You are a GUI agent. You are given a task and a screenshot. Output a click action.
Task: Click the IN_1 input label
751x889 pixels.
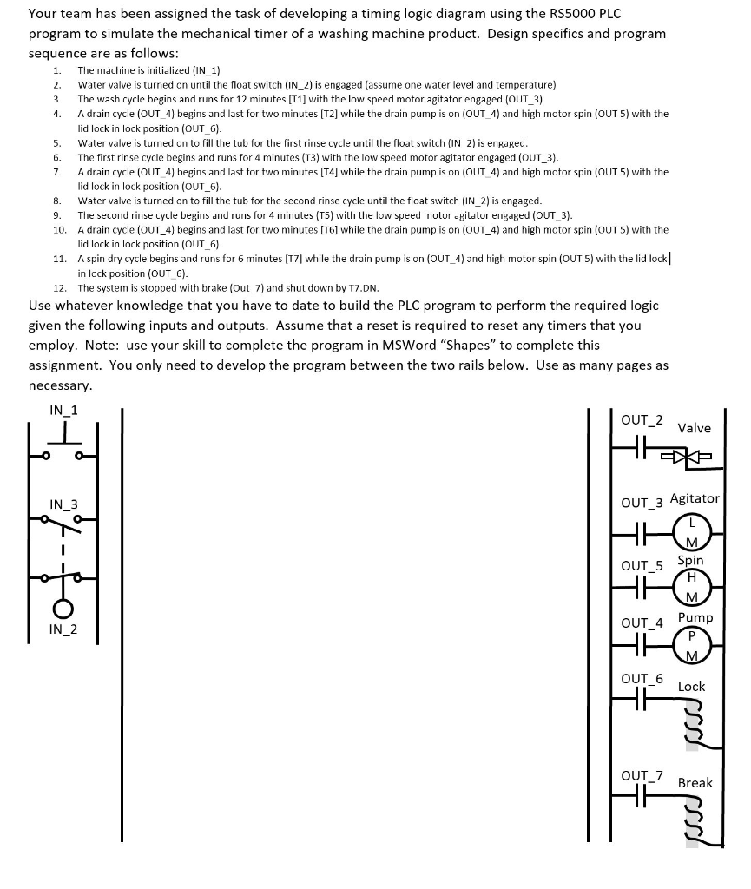(x=63, y=411)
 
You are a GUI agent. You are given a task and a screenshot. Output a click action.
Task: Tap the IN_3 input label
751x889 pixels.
(x=63, y=504)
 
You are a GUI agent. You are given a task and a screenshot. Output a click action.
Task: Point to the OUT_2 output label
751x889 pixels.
(x=642, y=420)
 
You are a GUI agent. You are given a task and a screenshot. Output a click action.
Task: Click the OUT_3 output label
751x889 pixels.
(x=642, y=503)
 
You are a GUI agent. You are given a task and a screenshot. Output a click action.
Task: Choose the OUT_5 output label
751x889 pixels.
(x=642, y=566)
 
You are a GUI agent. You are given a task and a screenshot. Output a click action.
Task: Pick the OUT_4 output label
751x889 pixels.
(x=642, y=622)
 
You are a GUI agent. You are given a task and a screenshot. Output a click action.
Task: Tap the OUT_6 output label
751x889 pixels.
(x=642, y=678)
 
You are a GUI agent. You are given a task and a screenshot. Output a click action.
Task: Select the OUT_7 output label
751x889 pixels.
(x=642, y=775)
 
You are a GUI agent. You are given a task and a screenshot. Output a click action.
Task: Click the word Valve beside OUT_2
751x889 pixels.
(x=694, y=428)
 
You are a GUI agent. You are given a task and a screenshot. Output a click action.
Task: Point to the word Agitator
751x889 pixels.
(x=695, y=498)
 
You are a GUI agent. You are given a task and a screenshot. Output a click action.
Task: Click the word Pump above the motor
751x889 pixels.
(x=695, y=617)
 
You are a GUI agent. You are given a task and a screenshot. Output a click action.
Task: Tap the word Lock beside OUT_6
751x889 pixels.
(x=691, y=686)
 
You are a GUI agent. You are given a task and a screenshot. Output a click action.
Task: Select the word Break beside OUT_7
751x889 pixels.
(x=695, y=782)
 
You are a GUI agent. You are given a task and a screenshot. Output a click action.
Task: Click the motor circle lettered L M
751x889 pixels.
(x=692, y=532)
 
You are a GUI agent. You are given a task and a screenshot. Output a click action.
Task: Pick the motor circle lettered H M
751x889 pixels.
(x=692, y=586)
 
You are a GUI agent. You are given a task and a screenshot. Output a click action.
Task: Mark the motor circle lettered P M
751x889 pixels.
(x=692, y=643)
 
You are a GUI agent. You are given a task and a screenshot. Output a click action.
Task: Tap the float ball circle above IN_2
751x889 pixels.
(x=63, y=607)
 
